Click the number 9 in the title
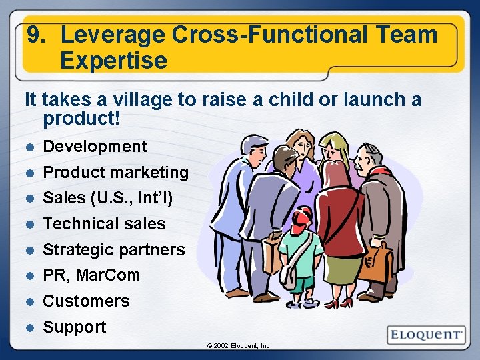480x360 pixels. tap(34, 35)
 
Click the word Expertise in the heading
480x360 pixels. tap(113, 61)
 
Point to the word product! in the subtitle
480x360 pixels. tap(81, 119)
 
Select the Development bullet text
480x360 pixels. tap(95, 147)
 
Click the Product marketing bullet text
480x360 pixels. tap(116, 173)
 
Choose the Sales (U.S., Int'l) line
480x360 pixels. tap(107, 198)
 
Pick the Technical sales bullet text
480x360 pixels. tap(104, 224)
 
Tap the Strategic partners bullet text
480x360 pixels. tap(114, 250)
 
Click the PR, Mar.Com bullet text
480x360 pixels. tap(91, 275)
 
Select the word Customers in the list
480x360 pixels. tap(87, 301)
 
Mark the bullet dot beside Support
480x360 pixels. tap(29, 327)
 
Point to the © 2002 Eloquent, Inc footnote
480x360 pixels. tap(238, 346)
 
